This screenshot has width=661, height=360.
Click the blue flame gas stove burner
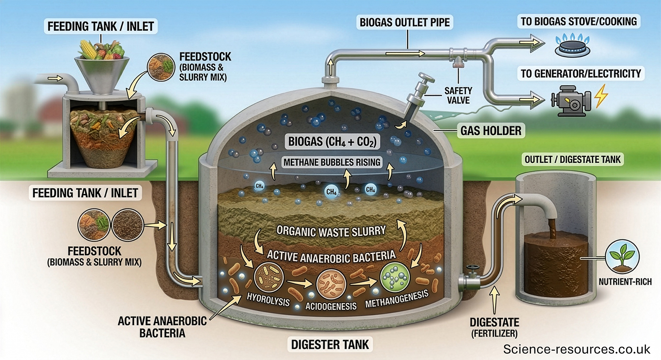coord(572,47)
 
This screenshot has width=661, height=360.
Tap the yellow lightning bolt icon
coord(601,96)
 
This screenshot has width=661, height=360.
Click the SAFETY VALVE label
coord(458,96)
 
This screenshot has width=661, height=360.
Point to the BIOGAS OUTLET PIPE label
coord(404,23)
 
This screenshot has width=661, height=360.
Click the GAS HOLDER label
coord(491,131)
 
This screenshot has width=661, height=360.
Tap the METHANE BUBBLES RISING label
coord(332,162)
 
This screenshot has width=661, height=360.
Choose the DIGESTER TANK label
coord(330,344)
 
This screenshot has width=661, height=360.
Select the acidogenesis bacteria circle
coord(331,283)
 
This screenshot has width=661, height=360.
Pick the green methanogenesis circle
coord(395,277)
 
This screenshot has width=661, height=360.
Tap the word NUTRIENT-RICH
coord(625,282)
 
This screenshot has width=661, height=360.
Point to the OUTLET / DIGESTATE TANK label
coord(572,160)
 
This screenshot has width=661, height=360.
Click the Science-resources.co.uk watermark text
coord(576,349)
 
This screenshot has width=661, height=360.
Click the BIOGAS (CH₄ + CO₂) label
coord(332,142)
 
